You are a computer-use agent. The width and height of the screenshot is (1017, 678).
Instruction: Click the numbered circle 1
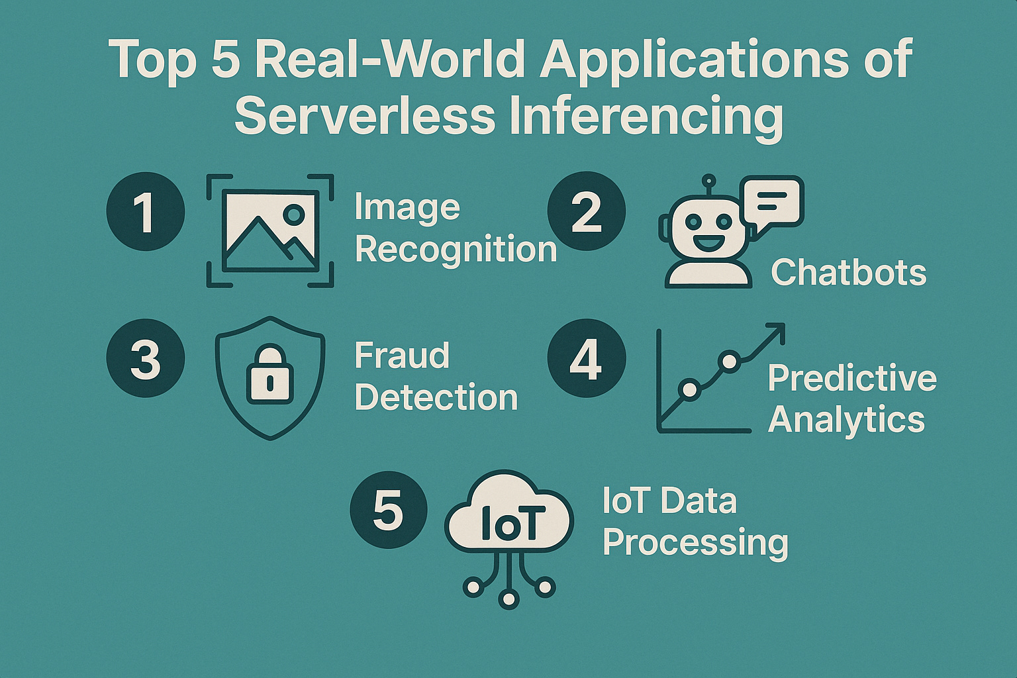click(x=145, y=211)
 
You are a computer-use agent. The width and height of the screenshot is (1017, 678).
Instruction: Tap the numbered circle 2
click(x=586, y=211)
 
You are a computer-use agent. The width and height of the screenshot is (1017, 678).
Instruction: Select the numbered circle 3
click(x=145, y=358)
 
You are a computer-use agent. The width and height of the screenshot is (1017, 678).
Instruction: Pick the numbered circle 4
click(x=586, y=358)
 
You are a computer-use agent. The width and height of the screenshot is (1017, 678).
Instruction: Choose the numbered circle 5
click(x=388, y=510)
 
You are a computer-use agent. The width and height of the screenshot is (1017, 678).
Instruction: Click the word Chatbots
click(x=848, y=272)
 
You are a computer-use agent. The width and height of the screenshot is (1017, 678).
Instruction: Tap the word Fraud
click(x=402, y=356)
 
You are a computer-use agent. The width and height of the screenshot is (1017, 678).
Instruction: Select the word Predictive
click(x=852, y=378)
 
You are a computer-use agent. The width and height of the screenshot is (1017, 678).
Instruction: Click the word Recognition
click(x=456, y=250)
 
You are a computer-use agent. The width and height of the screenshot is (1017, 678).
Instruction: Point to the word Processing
click(x=695, y=543)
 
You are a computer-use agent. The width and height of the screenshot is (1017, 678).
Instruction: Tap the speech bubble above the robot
click(x=773, y=201)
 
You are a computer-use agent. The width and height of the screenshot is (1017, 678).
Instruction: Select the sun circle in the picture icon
click(x=293, y=213)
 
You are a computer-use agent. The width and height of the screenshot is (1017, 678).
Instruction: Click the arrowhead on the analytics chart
click(x=777, y=330)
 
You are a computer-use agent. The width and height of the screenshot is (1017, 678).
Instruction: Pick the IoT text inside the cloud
click(x=508, y=523)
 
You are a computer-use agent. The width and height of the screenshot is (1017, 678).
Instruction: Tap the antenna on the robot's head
click(x=708, y=182)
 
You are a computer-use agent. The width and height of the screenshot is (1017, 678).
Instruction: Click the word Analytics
click(x=846, y=420)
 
